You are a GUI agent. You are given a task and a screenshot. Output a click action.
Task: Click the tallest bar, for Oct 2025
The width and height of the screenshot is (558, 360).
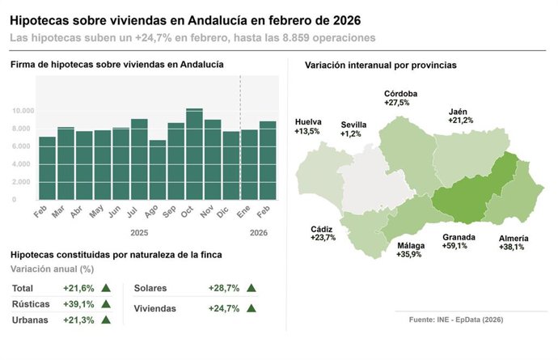194,154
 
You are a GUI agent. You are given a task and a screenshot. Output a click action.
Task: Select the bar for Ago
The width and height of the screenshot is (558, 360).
158,170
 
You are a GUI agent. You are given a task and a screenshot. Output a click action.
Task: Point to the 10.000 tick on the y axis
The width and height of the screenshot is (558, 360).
23,111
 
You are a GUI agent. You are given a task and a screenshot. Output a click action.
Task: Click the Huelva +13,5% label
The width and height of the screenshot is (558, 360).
308,126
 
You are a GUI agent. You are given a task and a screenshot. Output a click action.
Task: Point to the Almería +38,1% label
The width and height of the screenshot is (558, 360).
514,243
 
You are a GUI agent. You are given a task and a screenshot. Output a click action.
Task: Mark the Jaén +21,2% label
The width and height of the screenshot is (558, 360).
461,116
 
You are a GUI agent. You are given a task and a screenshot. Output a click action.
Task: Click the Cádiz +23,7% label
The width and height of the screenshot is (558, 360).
323,234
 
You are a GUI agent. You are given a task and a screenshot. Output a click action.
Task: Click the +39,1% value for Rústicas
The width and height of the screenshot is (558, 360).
78,304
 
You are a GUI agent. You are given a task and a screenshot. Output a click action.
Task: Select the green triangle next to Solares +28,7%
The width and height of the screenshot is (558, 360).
252,288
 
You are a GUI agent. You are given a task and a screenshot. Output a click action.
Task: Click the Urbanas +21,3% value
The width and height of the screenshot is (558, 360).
78,320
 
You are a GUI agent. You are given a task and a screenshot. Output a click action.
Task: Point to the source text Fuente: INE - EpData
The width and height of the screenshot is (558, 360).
456,320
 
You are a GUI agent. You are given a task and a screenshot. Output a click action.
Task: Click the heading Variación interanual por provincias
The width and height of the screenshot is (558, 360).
380,65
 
